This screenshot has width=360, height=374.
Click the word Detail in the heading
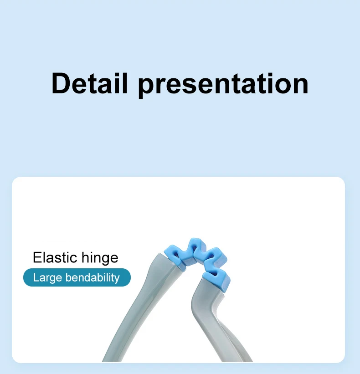coord(89,83)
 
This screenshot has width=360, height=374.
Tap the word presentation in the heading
coord(223,85)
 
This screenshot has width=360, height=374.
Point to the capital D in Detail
coord(60,83)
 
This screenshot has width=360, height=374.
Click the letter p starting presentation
coord(146,88)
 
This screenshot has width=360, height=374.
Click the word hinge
coord(100,259)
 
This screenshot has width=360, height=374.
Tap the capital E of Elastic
coord(37,257)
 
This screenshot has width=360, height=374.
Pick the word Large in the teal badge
coord(47,278)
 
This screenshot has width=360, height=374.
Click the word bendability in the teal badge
coord(93,278)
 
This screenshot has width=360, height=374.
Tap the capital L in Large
coord(36,277)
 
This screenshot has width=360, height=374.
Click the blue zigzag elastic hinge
coord(198,262)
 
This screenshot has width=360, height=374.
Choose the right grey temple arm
coord(215,322)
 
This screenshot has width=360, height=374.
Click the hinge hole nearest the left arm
coord(176,254)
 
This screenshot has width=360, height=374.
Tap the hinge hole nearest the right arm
coord(214,274)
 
